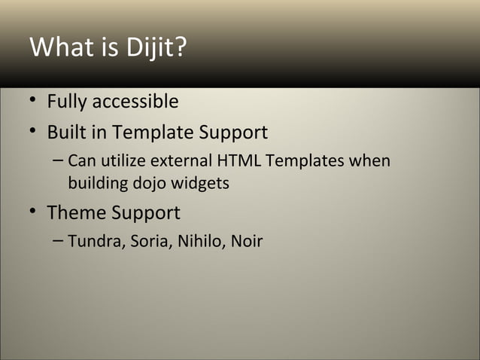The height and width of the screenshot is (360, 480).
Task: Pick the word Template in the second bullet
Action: (148, 133)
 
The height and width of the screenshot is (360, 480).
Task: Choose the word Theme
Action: (77, 213)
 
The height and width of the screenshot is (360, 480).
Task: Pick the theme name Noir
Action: (246, 242)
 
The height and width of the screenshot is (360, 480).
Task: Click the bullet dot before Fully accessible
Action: (35, 102)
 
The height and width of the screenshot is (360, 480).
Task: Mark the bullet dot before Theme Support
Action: (35, 214)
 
